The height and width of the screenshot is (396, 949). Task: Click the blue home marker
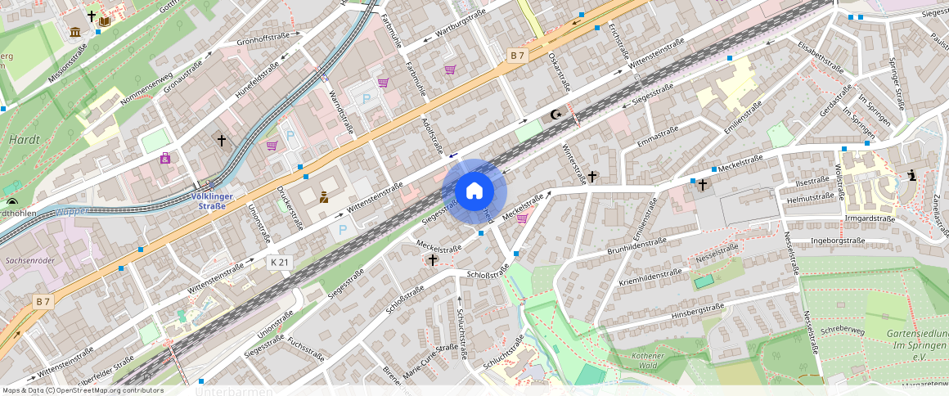click(x=475, y=191)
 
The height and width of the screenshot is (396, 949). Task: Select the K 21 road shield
click(x=279, y=262)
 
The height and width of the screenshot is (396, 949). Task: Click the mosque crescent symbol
click(x=557, y=115)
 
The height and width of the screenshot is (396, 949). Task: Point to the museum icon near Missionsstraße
click(x=76, y=32)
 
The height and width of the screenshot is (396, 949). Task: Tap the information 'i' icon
click(x=912, y=174)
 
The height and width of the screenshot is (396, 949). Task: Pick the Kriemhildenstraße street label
click(x=650, y=277)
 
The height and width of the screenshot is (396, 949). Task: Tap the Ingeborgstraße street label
click(x=837, y=241)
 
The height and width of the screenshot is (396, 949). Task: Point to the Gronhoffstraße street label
click(x=263, y=38)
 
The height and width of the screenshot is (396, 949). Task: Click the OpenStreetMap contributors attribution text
click(x=83, y=390)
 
